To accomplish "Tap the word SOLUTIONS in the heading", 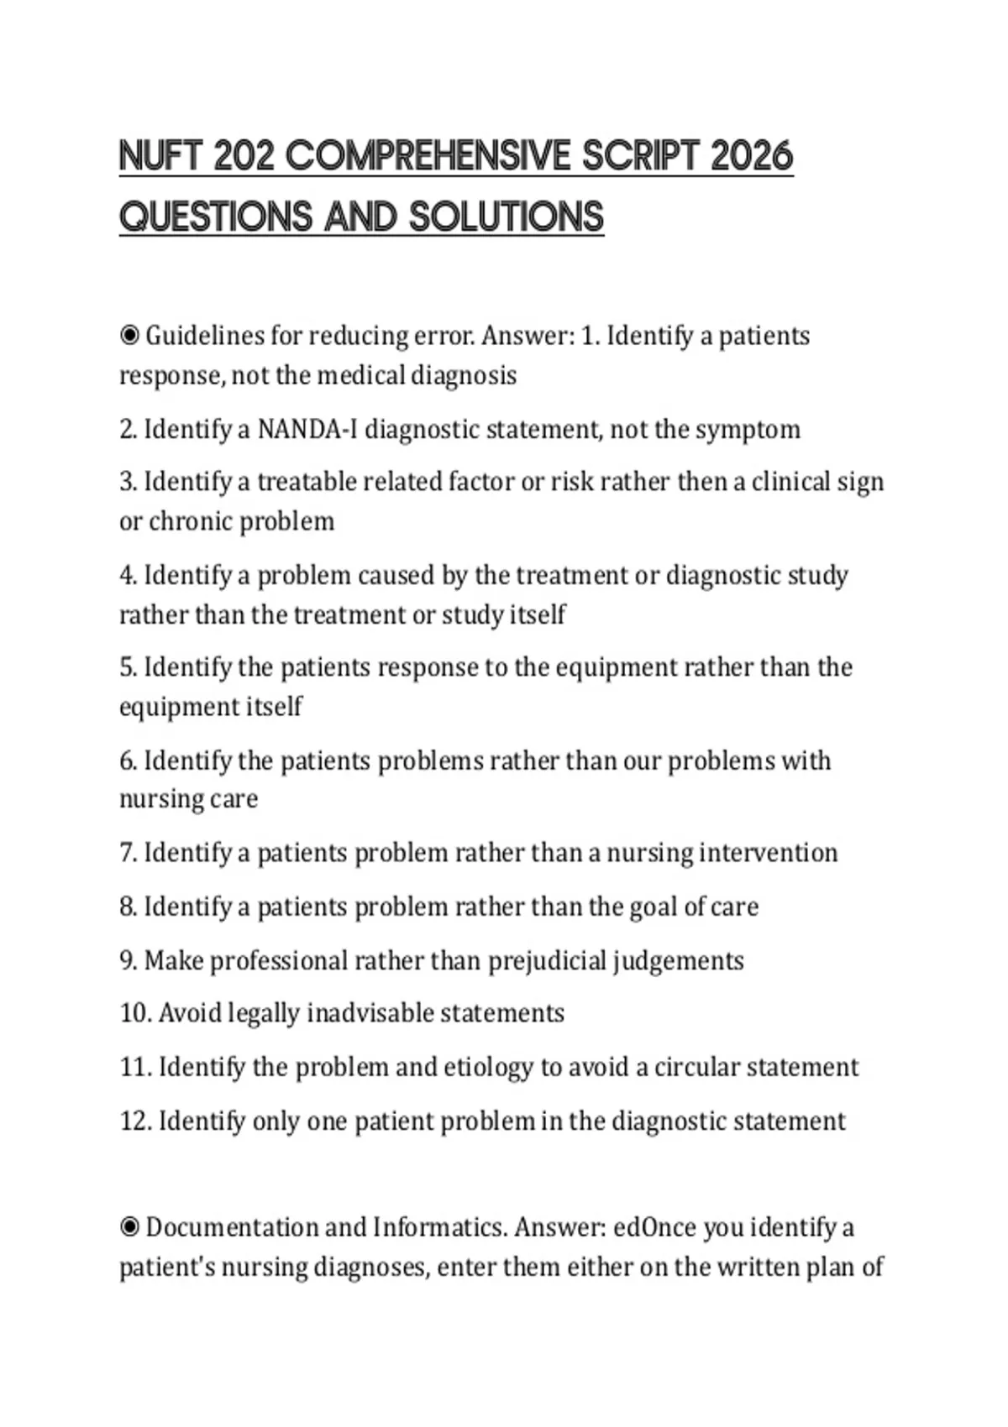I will pyautogui.click(x=507, y=217).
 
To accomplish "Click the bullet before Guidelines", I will pyautogui.click(x=129, y=337).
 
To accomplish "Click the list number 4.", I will pyautogui.click(x=128, y=576).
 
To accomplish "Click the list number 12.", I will pyautogui.click(x=134, y=1121).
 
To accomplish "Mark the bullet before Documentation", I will pyautogui.click(x=129, y=1228).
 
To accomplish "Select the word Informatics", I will pyautogui.click(x=439, y=1228).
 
